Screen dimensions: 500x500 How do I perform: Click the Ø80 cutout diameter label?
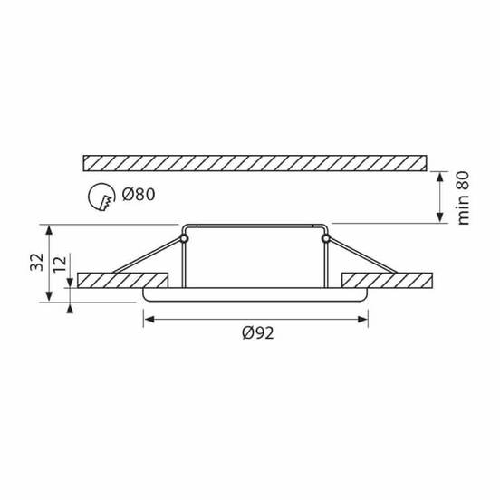pyautogui.click(x=139, y=194)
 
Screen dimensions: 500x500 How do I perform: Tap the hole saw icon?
pyautogui.click(x=101, y=197)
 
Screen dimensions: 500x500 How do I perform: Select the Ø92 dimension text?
pyautogui.click(x=257, y=333)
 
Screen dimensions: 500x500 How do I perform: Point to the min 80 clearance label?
pyautogui.click(x=464, y=197)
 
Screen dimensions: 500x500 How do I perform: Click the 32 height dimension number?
pyautogui.click(x=36, y=262)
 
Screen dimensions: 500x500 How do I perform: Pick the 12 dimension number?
pyautogui.click(x=60, y=264)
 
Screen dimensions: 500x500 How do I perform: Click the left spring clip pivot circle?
pyautogui.click(x=184, y=238)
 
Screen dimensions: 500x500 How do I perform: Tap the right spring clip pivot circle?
pyautogui.click(x=325, y=238)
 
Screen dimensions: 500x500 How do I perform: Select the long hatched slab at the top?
pyautogui.click(x=255, y=163)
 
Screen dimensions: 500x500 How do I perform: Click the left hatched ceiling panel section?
pyautogui.click(x=123, y=280)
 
